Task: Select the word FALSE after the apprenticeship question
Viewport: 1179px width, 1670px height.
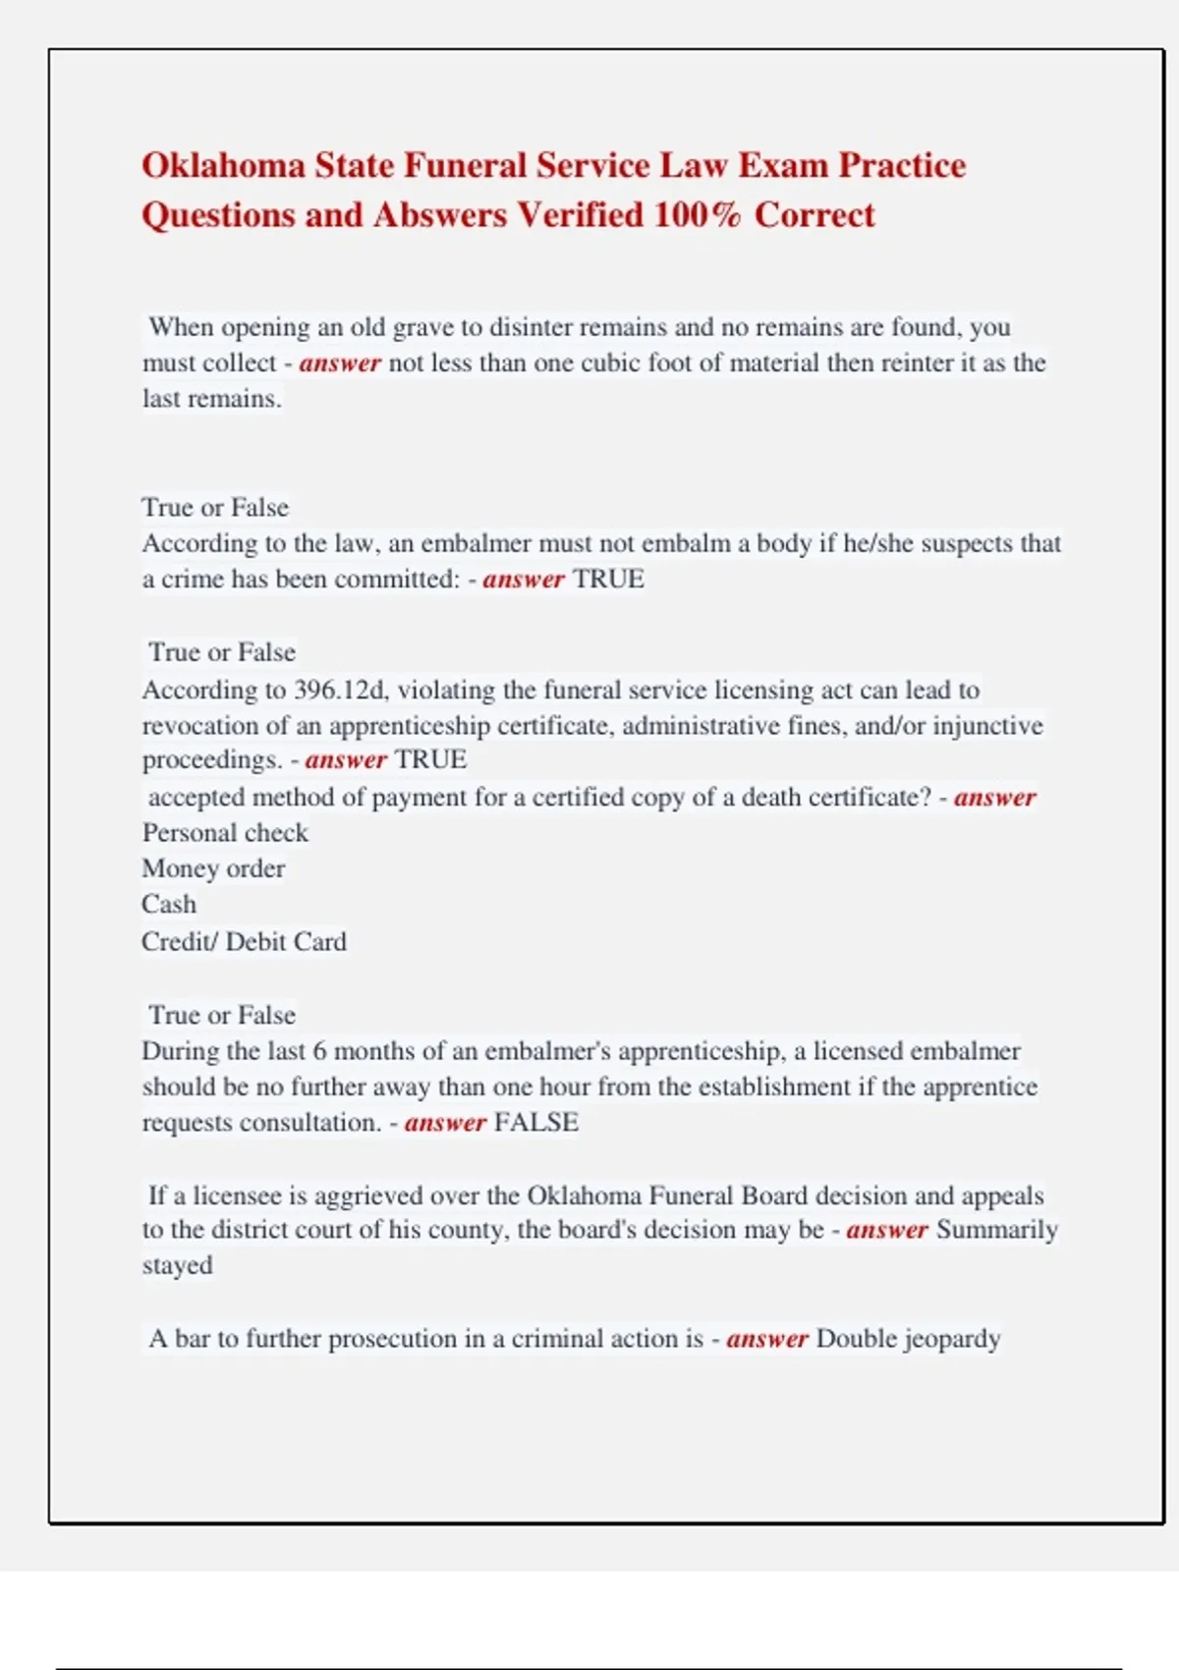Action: [x=536, y=1123]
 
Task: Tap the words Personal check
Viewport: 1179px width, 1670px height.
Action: [x=225, y=833]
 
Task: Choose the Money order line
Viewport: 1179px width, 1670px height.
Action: [x=213, y=869]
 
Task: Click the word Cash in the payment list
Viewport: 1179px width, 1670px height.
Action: [x=169, y=905]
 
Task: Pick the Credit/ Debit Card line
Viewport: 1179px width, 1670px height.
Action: [x=244, y=942]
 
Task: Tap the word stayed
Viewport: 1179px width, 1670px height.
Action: [x=177, y=1266]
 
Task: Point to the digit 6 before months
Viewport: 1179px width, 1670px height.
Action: [x=319, y=1051]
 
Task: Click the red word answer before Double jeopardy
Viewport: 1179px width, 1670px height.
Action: [x=766, y=1339]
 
